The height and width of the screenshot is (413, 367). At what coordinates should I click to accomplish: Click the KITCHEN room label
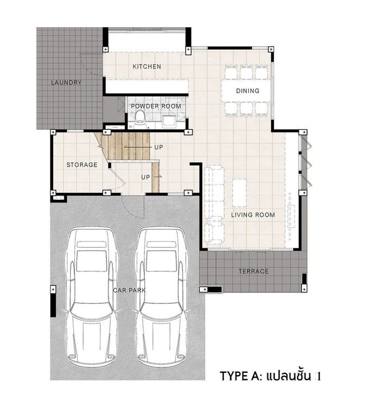(x=147, y=66)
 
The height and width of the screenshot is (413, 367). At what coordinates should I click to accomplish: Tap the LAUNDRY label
(x=66, y=82)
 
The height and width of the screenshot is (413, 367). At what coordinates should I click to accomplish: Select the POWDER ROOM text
(x=156, y=106)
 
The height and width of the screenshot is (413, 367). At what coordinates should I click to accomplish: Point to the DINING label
(x=248, y=91)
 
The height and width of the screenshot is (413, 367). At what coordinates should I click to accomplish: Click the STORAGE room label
(x=81, y=165)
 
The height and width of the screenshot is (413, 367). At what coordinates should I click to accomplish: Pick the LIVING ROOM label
(x=253, y=215)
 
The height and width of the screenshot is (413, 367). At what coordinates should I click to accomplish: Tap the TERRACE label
(x=254, y=271)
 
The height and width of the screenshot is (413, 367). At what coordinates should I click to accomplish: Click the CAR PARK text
(x=129, y=290)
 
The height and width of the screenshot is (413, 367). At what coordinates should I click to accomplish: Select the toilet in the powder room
(x=140, y=118)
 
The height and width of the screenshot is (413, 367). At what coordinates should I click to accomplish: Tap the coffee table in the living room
(x=239, y=193)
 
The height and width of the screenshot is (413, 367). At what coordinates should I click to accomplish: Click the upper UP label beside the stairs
(x=159, y=147)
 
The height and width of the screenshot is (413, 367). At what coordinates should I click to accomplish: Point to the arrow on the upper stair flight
(x=136, y=147)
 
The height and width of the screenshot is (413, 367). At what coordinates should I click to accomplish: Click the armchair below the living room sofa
(x=214, y=233)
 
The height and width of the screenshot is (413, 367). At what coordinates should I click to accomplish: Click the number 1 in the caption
(x=319, y=377)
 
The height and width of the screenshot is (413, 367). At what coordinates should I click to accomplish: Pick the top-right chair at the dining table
(x=262, y=72)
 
